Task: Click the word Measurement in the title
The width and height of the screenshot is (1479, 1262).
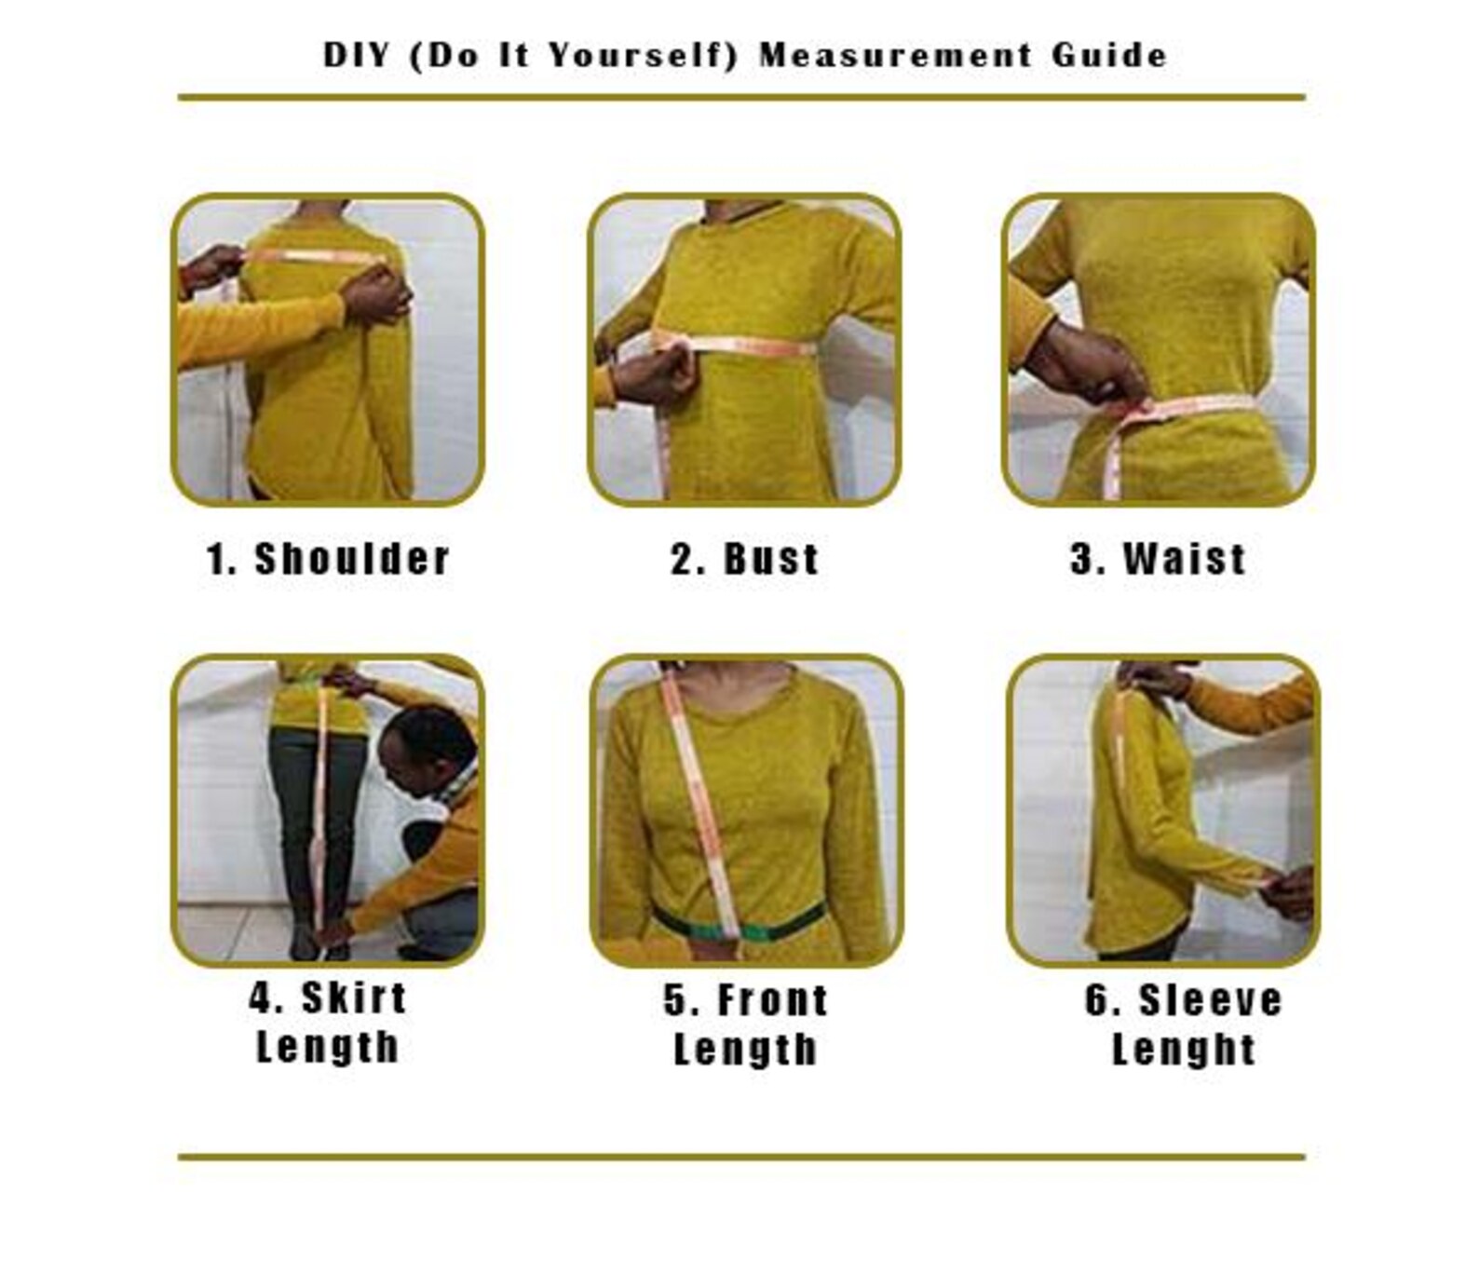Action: point(895,55)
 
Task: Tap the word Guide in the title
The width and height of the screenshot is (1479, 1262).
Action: point(1109,55)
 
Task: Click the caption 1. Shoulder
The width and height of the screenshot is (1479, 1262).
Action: point(328,559)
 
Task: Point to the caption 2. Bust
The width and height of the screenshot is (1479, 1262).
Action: point(745,559)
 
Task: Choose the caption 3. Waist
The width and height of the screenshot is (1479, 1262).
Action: point(1158,559)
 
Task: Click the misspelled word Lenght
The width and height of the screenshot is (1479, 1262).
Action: point(1184,1050)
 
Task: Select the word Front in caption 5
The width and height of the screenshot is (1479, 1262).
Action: point(772,1000)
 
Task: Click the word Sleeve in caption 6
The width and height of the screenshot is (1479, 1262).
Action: point(1210,1000)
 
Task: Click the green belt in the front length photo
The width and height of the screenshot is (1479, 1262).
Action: point(736,922)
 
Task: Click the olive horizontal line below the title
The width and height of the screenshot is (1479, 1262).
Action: point(741,97)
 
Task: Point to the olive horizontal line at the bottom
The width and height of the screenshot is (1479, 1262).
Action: point(741,1158)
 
